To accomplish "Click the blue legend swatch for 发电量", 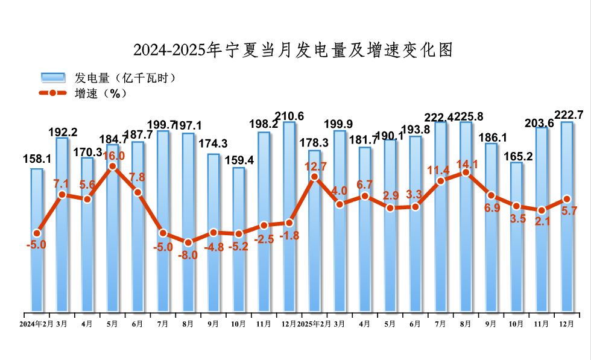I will (52, 77).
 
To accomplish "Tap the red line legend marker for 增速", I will (52, 93).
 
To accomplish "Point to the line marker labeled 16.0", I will (112, 166).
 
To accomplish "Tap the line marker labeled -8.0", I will (188, 242).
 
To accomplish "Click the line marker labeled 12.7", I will (314, 177).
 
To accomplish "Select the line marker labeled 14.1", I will (466, 172).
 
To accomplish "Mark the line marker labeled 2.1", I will (542, 210).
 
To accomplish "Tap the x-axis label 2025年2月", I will (313, 324).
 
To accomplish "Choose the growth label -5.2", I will (239, 246).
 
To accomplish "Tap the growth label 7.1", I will (63, 183).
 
